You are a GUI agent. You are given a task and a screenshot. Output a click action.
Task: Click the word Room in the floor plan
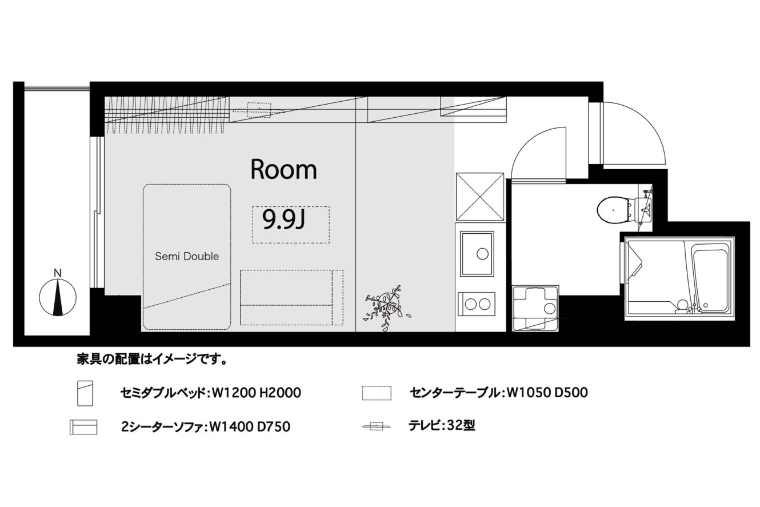pos(283,169)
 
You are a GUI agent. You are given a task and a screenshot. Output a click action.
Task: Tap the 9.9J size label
pos(284,219)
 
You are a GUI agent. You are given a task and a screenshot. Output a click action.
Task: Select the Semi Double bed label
pos(187,256)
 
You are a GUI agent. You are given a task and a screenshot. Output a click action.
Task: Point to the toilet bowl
pos(613,210)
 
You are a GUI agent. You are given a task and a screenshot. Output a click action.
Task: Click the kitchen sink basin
pos(477,254)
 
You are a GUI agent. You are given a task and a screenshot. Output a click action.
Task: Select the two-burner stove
pos(477,304)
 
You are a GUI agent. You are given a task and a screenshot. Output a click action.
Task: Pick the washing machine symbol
pos(535,308)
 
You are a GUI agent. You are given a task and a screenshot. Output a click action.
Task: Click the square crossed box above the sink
pos(480,197)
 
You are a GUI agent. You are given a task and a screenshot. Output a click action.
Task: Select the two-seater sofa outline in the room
pos(291,297)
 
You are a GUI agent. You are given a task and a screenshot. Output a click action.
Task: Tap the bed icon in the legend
pos(85,393)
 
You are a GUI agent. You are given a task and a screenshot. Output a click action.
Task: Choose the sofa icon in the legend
pos(83,427)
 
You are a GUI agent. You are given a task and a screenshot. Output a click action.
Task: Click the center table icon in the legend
pos(377,393)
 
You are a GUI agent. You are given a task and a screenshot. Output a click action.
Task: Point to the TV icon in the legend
pos(376,426)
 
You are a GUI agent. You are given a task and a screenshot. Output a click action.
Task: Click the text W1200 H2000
pos(257,393)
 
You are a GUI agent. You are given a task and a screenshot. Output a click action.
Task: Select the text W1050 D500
pos(547,393)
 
